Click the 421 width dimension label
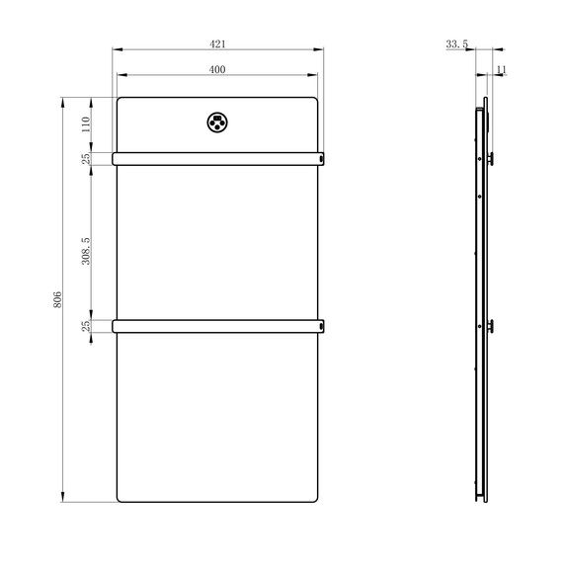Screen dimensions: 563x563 pos(217,42)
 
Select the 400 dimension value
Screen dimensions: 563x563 pos(217,69)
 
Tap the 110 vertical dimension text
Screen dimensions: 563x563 pos(86,124)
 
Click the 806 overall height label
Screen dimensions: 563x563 pos(57,298)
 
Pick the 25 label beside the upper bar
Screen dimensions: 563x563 pos(86,158)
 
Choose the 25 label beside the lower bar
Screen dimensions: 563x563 pos(86,325)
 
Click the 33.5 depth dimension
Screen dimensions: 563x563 pos(456,43)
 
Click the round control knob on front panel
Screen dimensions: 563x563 pos(216,122)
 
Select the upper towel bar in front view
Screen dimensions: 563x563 pos(217,158)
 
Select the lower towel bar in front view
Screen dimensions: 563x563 pos(217,325)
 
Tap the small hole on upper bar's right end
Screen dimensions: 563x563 pos(320,158)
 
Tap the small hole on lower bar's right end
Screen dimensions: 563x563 pos(320,325)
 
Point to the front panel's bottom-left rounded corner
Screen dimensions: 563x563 pos(121,498)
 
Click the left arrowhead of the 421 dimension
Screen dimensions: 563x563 pos(117,48)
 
